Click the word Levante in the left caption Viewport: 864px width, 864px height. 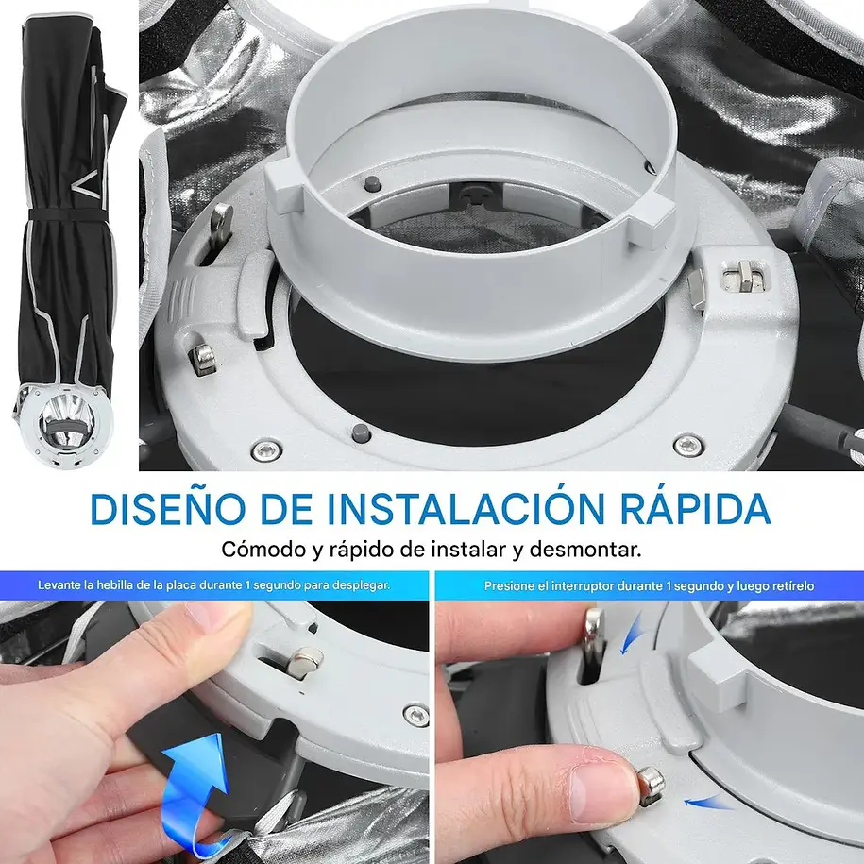[59, 584]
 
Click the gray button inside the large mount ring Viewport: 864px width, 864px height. [372, 182]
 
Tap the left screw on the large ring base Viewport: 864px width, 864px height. [266, 450]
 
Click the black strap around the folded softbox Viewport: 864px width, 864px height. [66, 214]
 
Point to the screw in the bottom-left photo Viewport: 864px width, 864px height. [416, 715]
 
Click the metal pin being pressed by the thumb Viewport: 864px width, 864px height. [652, 786]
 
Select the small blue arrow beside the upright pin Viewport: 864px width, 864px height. [632, 634]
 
